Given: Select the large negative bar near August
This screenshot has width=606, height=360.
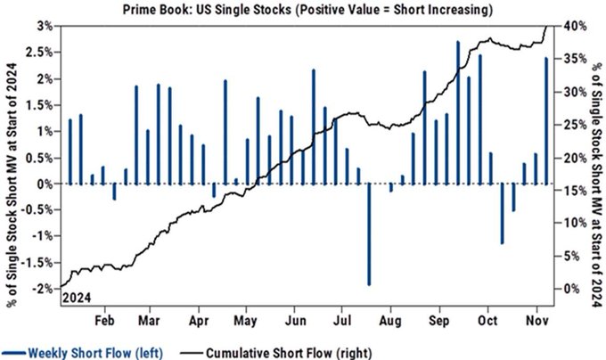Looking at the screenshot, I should click(x=369, y=233).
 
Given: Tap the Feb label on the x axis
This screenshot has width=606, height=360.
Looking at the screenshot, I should click(x=104, y=316).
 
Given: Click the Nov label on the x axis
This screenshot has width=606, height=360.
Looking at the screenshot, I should click(x=537, y=316).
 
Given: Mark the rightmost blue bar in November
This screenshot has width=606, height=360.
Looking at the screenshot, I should click(x=546, y=120).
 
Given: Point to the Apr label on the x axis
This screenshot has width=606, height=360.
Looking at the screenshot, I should click(x=198, y=316).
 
